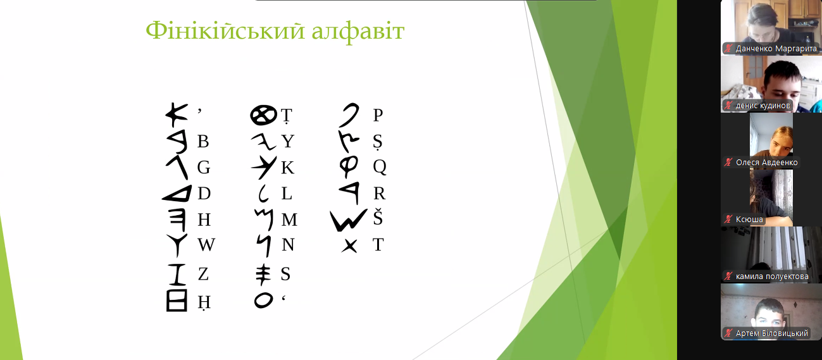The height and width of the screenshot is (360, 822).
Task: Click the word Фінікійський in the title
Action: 225,32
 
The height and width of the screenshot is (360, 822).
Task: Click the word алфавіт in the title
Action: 358,31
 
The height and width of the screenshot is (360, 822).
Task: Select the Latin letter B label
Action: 203,141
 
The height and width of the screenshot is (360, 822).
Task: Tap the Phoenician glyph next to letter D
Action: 178,194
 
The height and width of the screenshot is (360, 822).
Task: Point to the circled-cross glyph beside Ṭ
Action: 263,115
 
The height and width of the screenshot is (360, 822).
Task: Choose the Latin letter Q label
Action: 380,167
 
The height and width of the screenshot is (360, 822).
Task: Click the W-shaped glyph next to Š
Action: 348,220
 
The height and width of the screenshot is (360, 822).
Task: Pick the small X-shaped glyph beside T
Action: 349,246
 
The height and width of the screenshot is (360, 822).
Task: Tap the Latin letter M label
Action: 290,220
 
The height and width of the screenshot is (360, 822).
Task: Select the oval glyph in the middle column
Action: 264,300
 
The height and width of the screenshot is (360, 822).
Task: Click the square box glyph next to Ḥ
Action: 177,301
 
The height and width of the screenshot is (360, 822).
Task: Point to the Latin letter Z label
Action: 203,274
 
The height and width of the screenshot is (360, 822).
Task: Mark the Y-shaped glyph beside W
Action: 177,245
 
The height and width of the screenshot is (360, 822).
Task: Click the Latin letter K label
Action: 288,168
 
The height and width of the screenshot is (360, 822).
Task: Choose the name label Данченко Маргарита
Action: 776,49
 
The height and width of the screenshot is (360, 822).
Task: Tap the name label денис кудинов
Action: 763,106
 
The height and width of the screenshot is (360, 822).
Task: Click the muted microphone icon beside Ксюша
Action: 728,219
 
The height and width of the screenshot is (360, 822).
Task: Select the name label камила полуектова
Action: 772,276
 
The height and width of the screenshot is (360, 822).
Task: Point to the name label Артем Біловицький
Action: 772,333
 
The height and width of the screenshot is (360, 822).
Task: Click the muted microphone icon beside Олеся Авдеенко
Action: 728,162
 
